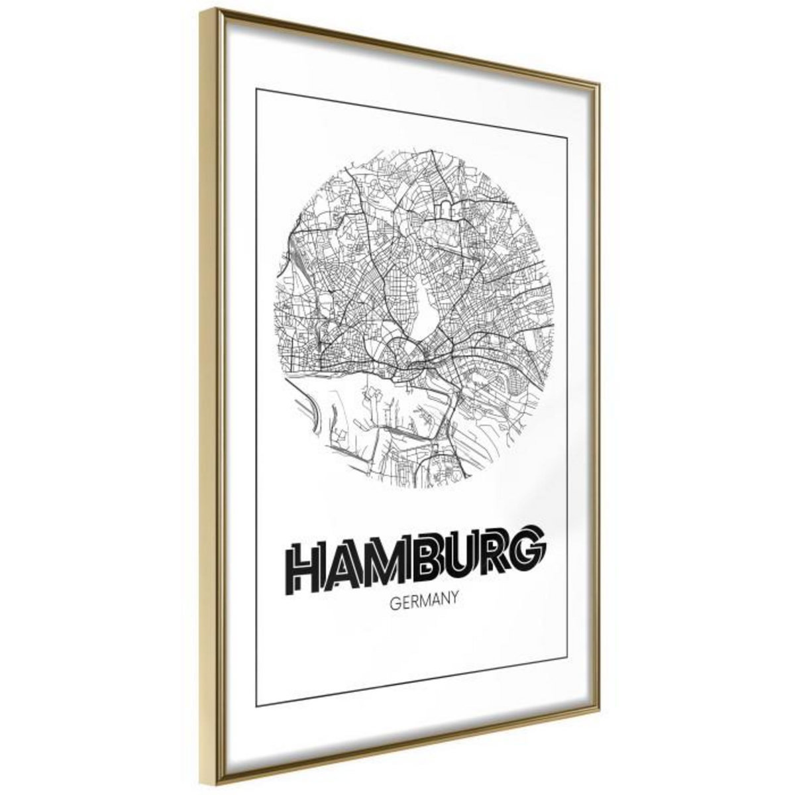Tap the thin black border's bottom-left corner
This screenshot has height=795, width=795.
[x=256, y=706]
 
